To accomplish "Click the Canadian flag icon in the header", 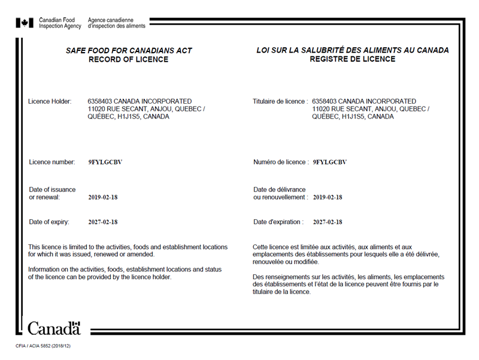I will click(25, 23).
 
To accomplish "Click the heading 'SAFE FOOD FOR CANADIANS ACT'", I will click(129, 51).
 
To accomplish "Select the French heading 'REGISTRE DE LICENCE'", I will click(353, 59).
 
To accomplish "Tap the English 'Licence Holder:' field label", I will click(50, 101).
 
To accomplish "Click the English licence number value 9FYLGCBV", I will click(105, 162).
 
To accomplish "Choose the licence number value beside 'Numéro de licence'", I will click(330, 162).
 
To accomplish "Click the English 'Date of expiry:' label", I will click(49, 222).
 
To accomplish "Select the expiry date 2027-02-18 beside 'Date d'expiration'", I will click(328, 222).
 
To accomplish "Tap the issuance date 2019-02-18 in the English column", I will click(103, 197).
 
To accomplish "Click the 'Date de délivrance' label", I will click(280, 189).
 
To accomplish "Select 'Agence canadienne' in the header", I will click(108, 20).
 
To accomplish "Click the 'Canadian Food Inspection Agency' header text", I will click(60, 23).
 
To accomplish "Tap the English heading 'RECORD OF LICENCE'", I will click(129, 59).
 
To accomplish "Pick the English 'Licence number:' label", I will click(52, 162).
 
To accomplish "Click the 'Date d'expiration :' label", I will click(278, 222).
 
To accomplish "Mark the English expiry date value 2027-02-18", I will click(103, 222).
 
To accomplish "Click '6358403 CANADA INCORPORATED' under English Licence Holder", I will click(140, 101).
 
